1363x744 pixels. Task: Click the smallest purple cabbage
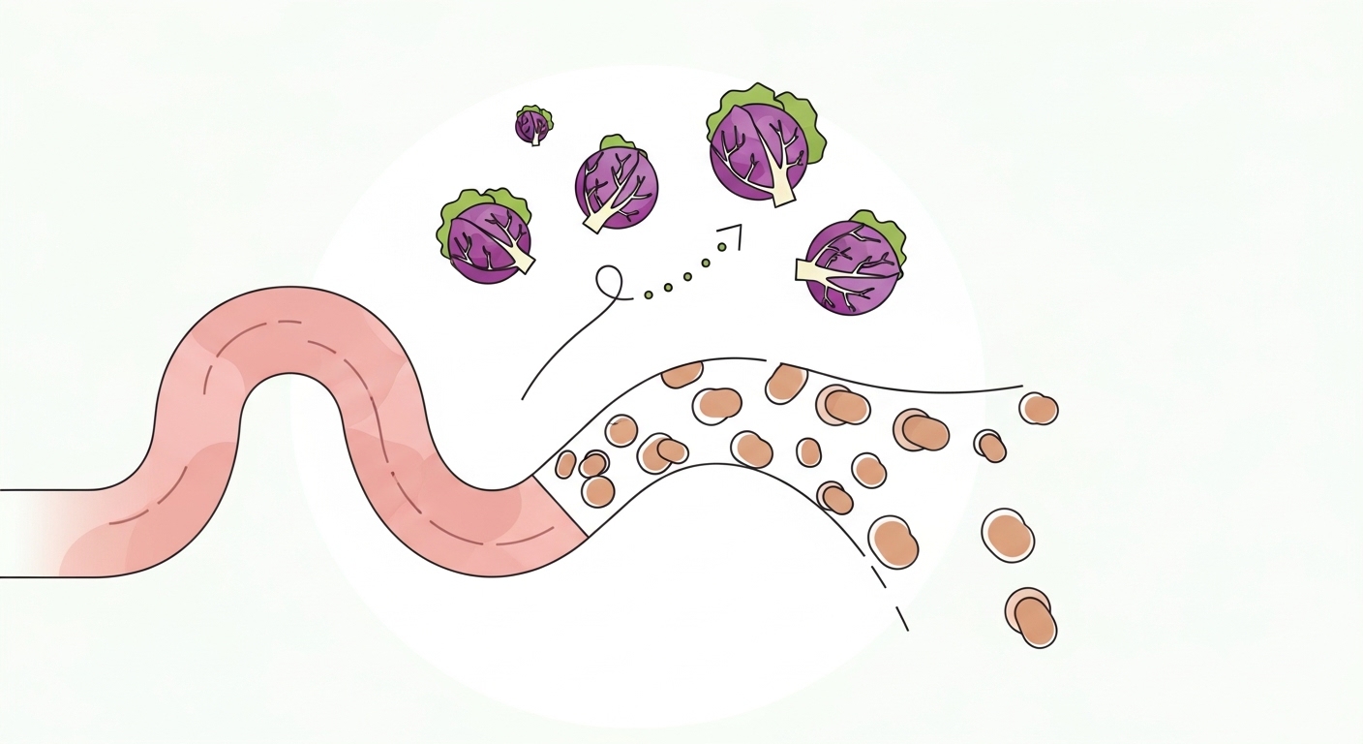(531, 126)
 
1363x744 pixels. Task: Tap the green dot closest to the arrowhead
(721, 248)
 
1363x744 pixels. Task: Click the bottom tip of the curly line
(523, 398)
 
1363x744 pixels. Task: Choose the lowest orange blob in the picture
(1034, 622)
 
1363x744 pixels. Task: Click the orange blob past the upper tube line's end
(1040, 409)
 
